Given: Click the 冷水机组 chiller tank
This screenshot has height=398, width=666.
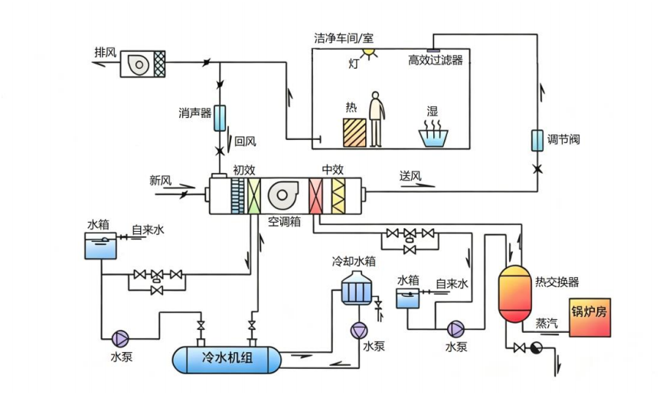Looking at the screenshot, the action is (x=227, y=359).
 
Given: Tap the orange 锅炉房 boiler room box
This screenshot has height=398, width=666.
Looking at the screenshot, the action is (x=589, y=318).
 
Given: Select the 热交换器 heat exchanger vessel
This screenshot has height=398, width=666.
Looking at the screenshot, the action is (x=514, y=294).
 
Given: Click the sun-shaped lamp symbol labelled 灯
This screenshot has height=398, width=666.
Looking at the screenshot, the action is (x=368, y=53).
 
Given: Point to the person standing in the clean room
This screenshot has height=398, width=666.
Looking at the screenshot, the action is (x=376, y=119).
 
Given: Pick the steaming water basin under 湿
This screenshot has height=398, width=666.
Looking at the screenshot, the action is (x=433, y=134).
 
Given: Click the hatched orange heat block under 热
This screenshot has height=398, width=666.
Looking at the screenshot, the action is (x=354, y=133).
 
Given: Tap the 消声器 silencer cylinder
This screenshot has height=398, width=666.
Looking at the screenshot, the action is (x=220, y=118).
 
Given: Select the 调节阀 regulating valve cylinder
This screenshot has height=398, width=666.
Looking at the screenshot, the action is (x=537, y=141).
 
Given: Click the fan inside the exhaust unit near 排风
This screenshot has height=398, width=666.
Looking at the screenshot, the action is (x=139, y=64).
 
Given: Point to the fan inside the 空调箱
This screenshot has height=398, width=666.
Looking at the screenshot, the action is (x=282, y=195).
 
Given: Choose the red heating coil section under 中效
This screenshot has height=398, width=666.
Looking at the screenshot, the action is (x=315, y=196).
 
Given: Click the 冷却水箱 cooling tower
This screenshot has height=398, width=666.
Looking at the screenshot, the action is (x=357, y=288).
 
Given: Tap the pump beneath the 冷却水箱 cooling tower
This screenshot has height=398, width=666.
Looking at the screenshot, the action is (x=359, y=331).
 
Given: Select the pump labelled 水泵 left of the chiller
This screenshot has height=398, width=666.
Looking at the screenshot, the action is (x=120, y=339).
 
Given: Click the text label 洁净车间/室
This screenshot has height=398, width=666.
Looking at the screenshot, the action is (x=344, y=38).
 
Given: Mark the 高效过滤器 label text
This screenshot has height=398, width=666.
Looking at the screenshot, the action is (x=435, y=60).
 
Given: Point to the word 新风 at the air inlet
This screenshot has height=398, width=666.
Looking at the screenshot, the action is (x=160, y=181).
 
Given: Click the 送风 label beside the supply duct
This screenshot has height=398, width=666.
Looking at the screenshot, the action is (x=410, y=175).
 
